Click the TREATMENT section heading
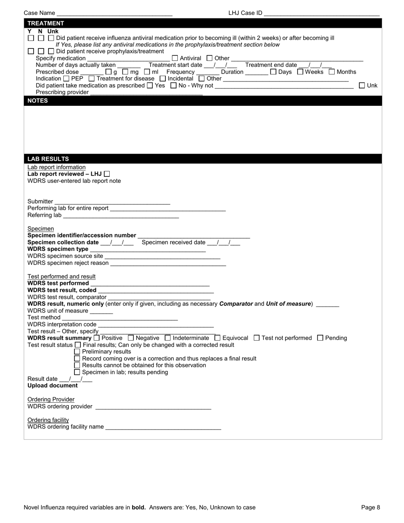46,23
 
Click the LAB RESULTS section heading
48,159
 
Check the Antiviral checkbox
175,58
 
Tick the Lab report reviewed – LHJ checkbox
107,174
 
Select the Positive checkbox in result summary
96,338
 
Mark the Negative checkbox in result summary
131,338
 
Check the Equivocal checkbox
218,338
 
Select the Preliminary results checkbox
77,352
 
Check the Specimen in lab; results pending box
77,372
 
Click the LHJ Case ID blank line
321,14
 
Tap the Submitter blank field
112,202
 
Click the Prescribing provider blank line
146,93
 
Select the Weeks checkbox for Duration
300,72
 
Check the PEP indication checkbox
66,79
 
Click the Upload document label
53,386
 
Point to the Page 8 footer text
370,507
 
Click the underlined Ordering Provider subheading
51,399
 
